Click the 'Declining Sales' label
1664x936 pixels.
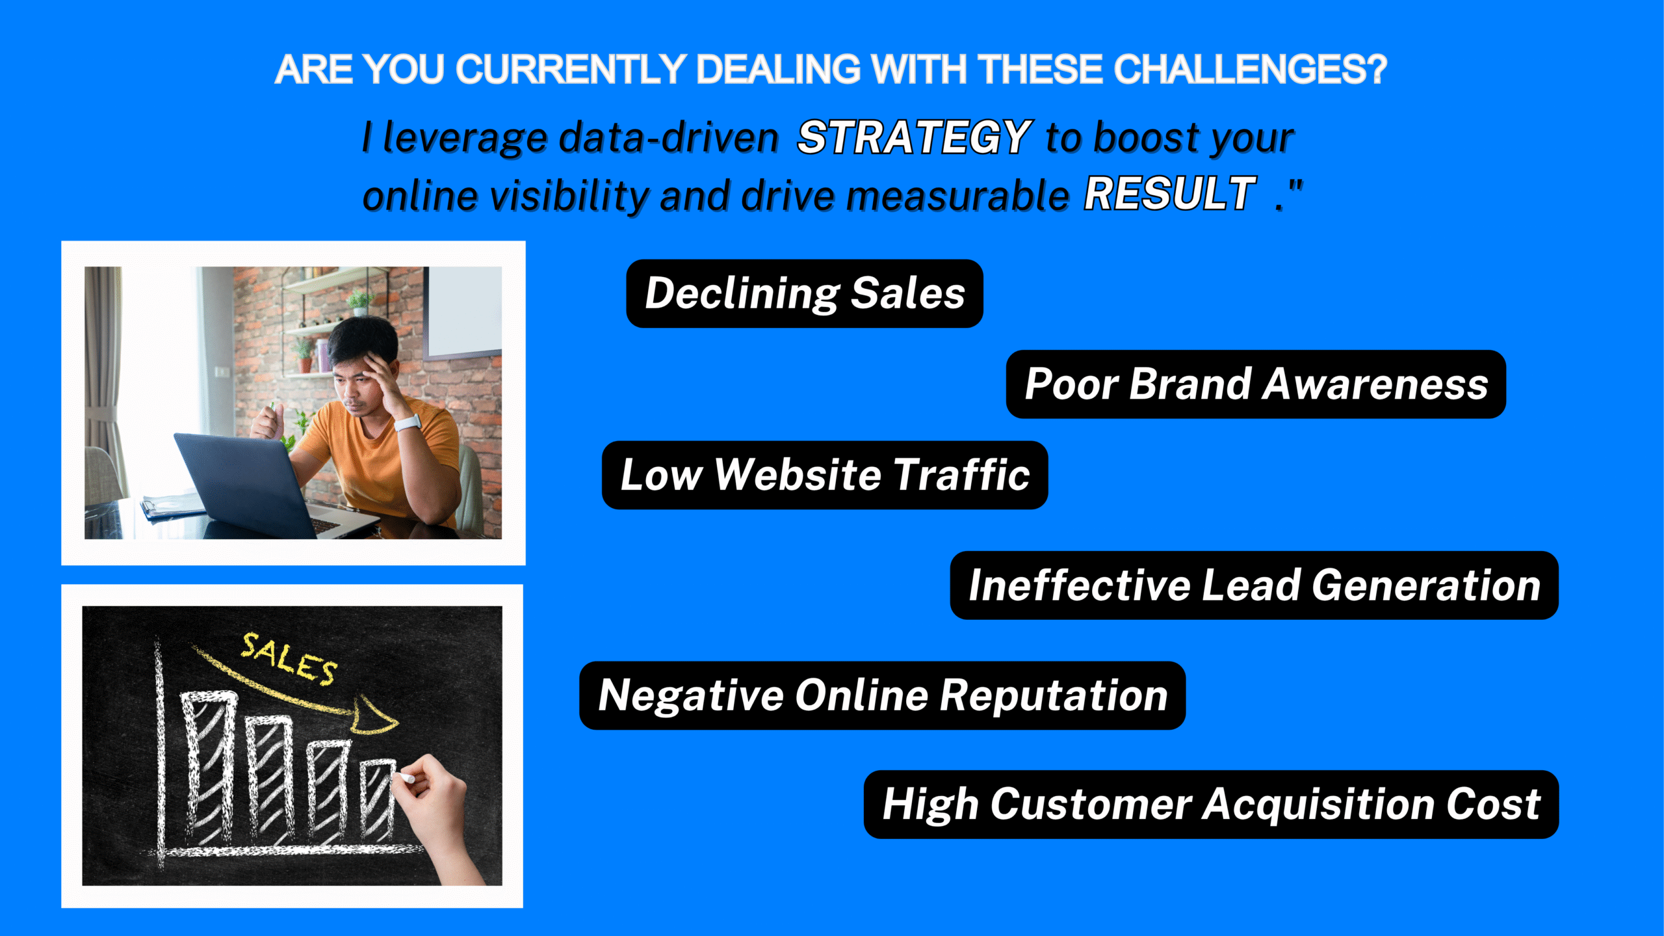click(x=804, y=293)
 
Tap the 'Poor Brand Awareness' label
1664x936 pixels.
click(x=1256, y=384)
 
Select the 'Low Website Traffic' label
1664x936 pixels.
click(x=825, y=475)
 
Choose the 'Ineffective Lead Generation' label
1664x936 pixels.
click(x=1254, y=585)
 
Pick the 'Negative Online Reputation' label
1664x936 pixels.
click(x=882, y=695)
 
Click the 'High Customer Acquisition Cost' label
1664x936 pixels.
click(x=1211, y=805)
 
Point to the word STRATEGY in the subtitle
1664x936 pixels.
click(x=914, y=138)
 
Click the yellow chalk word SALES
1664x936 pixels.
click(x=289, y=659)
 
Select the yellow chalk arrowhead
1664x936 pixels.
click(x=376, y=715)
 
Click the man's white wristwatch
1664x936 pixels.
click(x=408, y=423)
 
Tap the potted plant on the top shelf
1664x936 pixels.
click(x=359, y=303)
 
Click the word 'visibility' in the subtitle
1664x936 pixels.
click(x=569, y=195)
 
